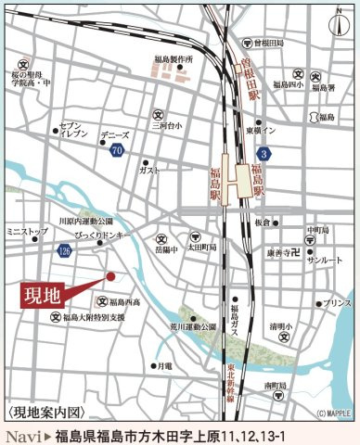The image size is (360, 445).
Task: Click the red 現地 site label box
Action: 42,297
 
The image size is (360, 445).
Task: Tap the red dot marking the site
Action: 109,275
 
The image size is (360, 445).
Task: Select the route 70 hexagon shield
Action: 116,149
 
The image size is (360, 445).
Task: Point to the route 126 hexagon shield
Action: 63,250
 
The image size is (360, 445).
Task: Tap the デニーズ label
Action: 114,134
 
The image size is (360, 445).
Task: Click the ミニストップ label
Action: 26,228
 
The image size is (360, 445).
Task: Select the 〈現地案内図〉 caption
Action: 45,412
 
